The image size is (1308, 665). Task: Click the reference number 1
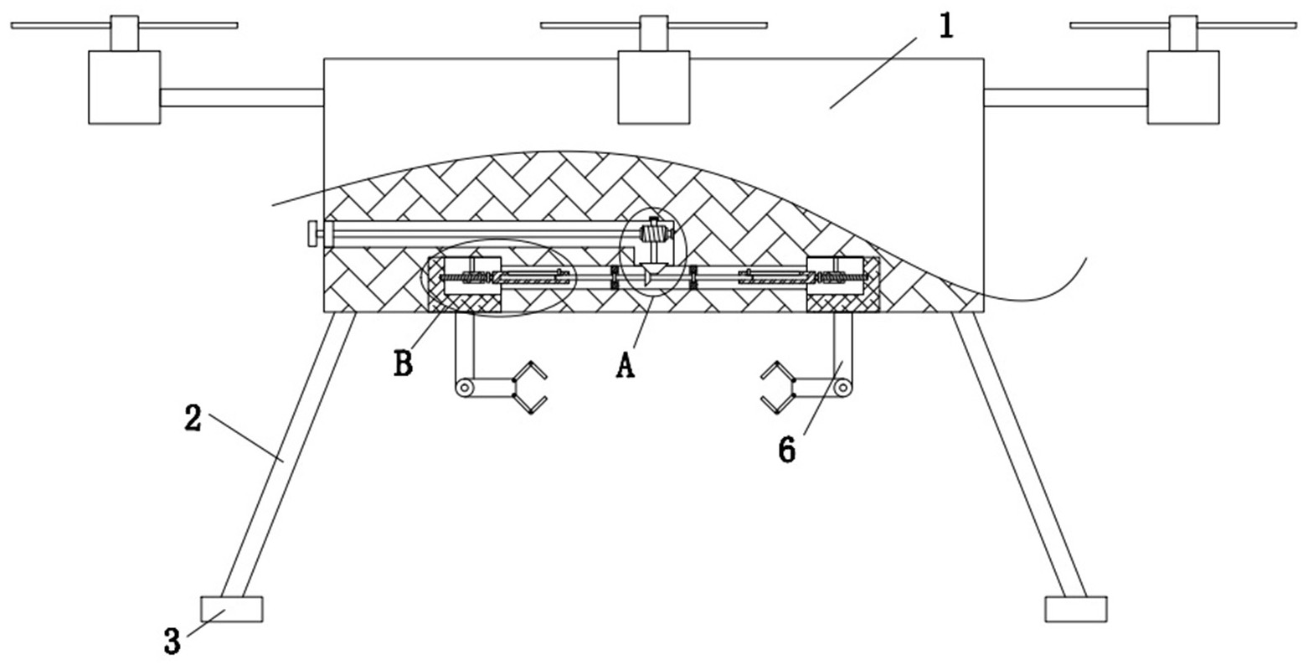tap(945, 27)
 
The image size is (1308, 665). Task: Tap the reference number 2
tap(192, 418)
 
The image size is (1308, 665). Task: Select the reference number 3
tap(172, 642)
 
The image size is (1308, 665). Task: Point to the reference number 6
tap(786, 449)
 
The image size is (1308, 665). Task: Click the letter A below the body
tap(625, 365)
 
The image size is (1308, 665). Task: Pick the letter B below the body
tap(404, 363)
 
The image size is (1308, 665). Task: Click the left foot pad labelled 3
tap(231, 609)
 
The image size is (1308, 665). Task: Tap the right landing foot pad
tap(1075, 609)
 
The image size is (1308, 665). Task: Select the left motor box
tap(124, 87)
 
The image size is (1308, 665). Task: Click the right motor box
tap(1182, 87)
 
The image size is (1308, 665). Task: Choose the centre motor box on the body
tap(653, 87)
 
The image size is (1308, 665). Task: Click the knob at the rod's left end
tap(312, 234)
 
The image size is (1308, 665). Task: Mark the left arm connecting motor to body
tap(241, 97)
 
